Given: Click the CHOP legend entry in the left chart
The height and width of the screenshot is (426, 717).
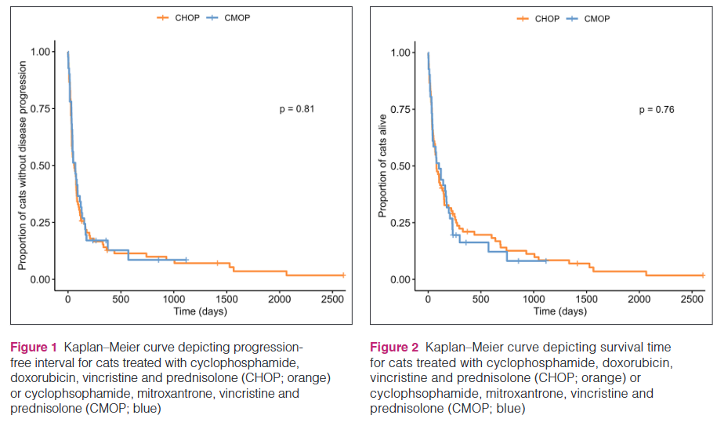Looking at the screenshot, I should click(x=179, y=18).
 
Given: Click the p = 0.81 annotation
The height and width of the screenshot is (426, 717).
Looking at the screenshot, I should click(x=297, y=109).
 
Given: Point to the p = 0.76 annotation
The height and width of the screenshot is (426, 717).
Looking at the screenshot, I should click(x=657, y=110).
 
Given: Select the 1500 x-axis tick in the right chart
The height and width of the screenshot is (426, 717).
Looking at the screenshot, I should click(x=587, y=300).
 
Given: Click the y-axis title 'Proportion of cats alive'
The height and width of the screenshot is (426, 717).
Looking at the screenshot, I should click(x=383, y=166).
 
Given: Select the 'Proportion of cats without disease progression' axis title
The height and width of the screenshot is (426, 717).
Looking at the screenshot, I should click(x=23, y=166).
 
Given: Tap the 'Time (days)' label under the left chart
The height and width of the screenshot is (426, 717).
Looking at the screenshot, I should click(x=200, y=311).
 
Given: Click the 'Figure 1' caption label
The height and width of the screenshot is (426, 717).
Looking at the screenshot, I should click(x=34, y=347).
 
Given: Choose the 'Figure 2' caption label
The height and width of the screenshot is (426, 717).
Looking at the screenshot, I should click(x=393, y=347).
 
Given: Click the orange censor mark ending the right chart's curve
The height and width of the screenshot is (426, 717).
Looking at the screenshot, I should click(x=703, y=275).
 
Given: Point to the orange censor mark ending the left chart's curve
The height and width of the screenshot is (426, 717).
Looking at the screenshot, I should click(x=343, y=275).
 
